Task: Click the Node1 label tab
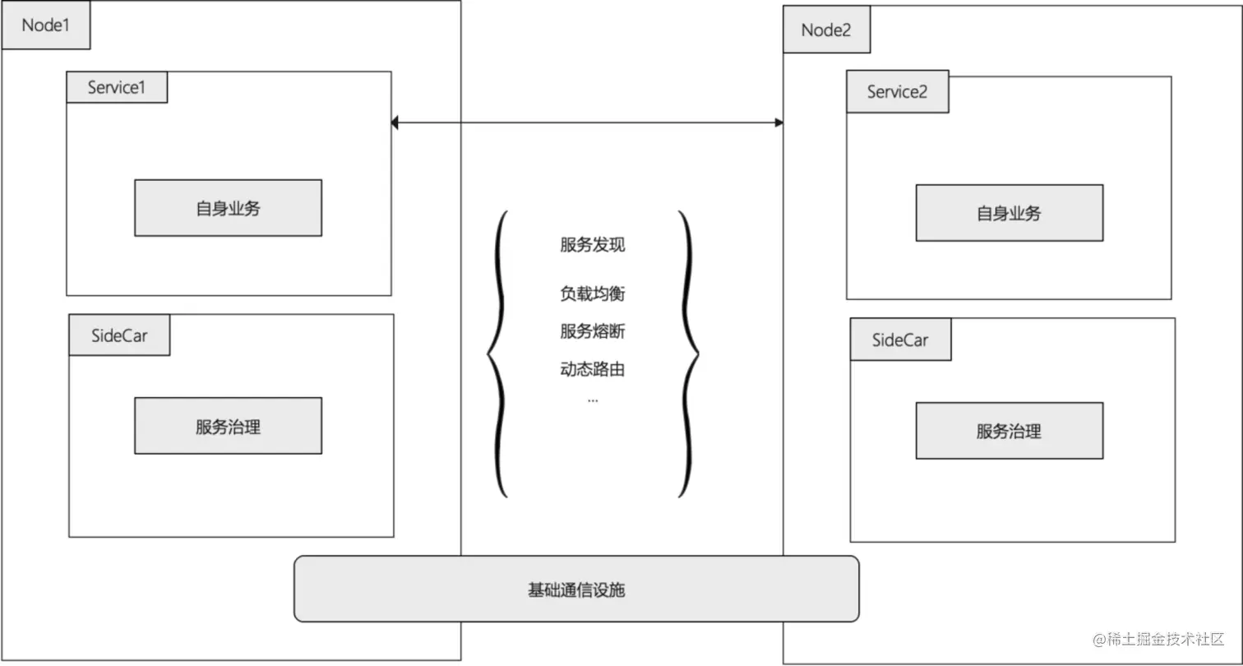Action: click(x=45, y=25)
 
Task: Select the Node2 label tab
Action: click(x=826, y=30)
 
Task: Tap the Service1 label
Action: click(x=117, y=87)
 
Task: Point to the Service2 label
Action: click(x=897, y=91)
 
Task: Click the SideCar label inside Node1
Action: click(x=119, y=335)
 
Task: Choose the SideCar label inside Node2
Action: click(x=900, y=340)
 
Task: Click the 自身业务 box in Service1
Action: click(x=228, y=208)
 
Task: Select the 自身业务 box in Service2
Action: click(x=1009, y=213)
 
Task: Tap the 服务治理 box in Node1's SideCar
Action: click(x=228, y=426)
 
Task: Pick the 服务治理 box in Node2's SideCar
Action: click(x=1009, y=431)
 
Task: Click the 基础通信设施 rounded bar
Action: click(x=576, y=589)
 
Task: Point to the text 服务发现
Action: click(x=593, y=244)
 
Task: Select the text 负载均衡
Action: click(x=593, y=293)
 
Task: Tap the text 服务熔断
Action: click(x=593, y=331)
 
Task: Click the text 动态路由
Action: click(x=593, y=368)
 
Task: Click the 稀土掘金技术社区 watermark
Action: click(x=1158, y=639)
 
